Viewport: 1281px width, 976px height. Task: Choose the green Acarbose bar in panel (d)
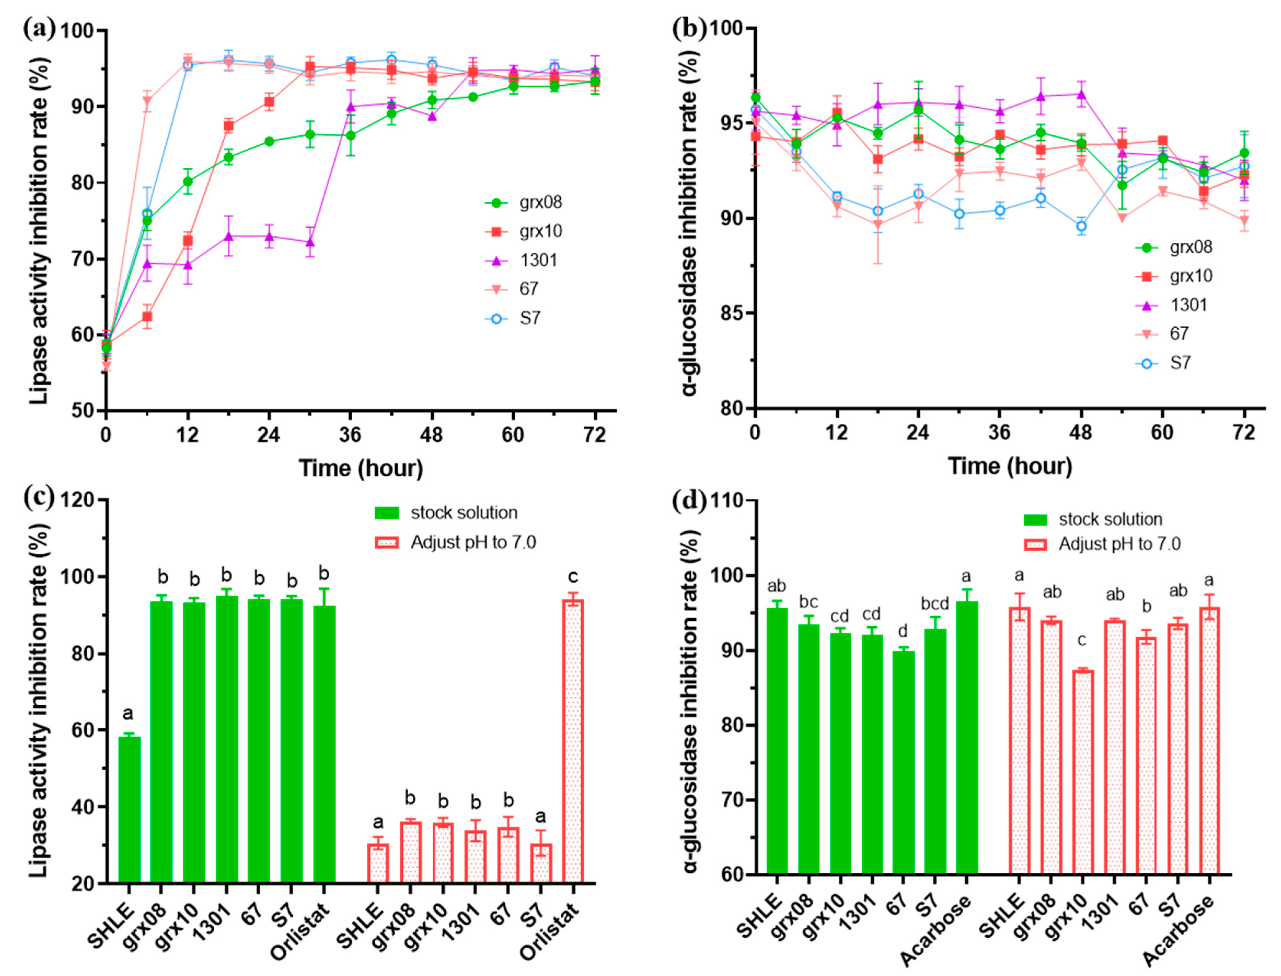(x=966, y=737)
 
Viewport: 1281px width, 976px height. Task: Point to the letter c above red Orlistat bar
(x=573, y=577)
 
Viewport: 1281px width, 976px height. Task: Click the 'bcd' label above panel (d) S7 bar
(x=934, y=604)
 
